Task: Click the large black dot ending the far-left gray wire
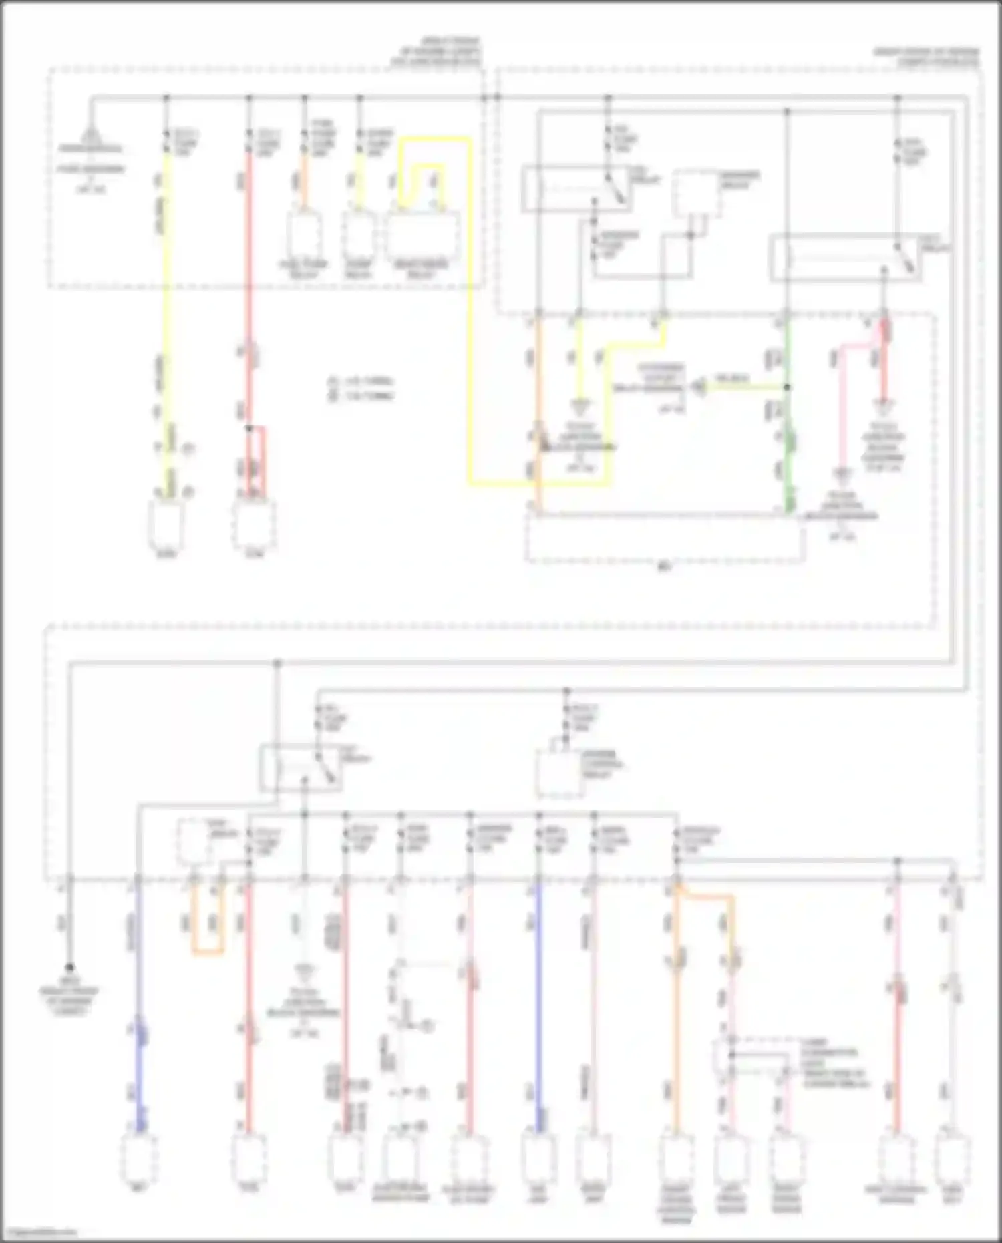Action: point(69,968)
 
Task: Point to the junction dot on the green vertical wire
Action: point(787,387)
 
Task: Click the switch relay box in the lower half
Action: point(301,768)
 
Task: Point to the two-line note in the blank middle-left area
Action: point(361,389)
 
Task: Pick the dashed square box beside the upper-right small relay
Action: point(695,192)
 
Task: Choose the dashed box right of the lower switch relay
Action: point(560,773)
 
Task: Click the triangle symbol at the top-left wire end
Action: point(90,138)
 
